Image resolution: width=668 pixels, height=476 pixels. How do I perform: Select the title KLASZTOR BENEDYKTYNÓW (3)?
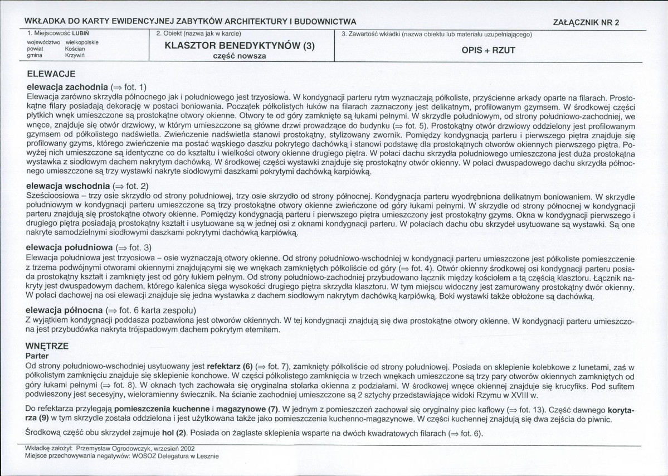tap(240, 46)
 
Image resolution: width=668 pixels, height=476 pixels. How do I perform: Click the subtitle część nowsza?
tap(240, 56)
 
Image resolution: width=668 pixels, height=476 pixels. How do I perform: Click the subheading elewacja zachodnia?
tap(67, 87)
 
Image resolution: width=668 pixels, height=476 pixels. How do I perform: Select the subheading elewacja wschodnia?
tap(68, 185)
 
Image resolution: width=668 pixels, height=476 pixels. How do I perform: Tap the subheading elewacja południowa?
tap(69, 247)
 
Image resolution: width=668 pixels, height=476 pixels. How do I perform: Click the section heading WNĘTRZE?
tap(47, 346)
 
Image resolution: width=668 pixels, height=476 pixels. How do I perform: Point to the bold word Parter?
tap(37, 355)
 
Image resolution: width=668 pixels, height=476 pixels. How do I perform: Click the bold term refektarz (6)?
tap(230, 366)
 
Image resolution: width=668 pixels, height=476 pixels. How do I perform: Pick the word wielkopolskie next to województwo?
tap(82, 42)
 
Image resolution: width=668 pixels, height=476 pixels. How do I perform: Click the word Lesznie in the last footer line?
tap(206, 455)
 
